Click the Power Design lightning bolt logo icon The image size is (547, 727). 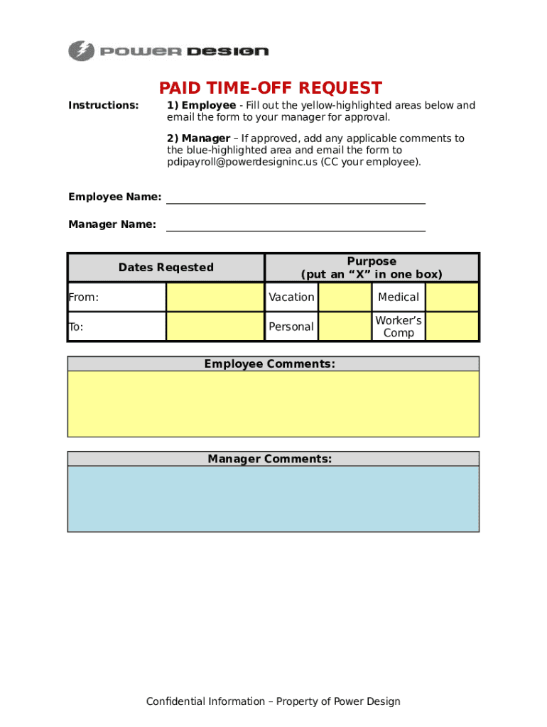tap(81, 51)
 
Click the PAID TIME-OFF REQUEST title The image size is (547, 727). tap(270, 88)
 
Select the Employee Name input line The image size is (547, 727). tap(296, 197)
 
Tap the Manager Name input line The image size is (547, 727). tap(296, 225)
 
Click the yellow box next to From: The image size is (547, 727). tap(215, 297)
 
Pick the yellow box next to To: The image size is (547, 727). tap(215, 327)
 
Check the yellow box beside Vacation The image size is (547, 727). tap(345, 297)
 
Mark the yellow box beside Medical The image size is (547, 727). tap(452, 297)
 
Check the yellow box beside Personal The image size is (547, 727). tap(345, 327)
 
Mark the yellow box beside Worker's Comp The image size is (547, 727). tap(452, 327)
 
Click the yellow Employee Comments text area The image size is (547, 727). tap(273, 403)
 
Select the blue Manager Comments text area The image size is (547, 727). tap(273, 498)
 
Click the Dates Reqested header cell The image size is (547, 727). tap(166, 268)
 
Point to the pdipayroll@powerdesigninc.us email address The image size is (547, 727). tap(242, 162)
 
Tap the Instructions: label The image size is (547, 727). tap(104, 106)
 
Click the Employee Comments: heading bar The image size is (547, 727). tap(270, 364)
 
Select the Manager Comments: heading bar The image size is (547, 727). tap(270, 459)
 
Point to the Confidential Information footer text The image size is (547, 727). tap(273, 701)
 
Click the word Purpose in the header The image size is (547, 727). tap(372, 261)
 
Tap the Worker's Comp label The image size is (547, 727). tap(399, 327)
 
